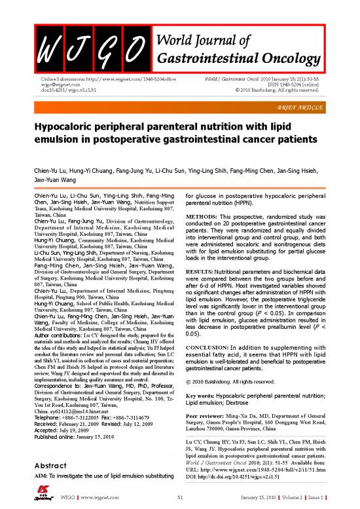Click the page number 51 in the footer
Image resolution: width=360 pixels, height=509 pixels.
(181, 500)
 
